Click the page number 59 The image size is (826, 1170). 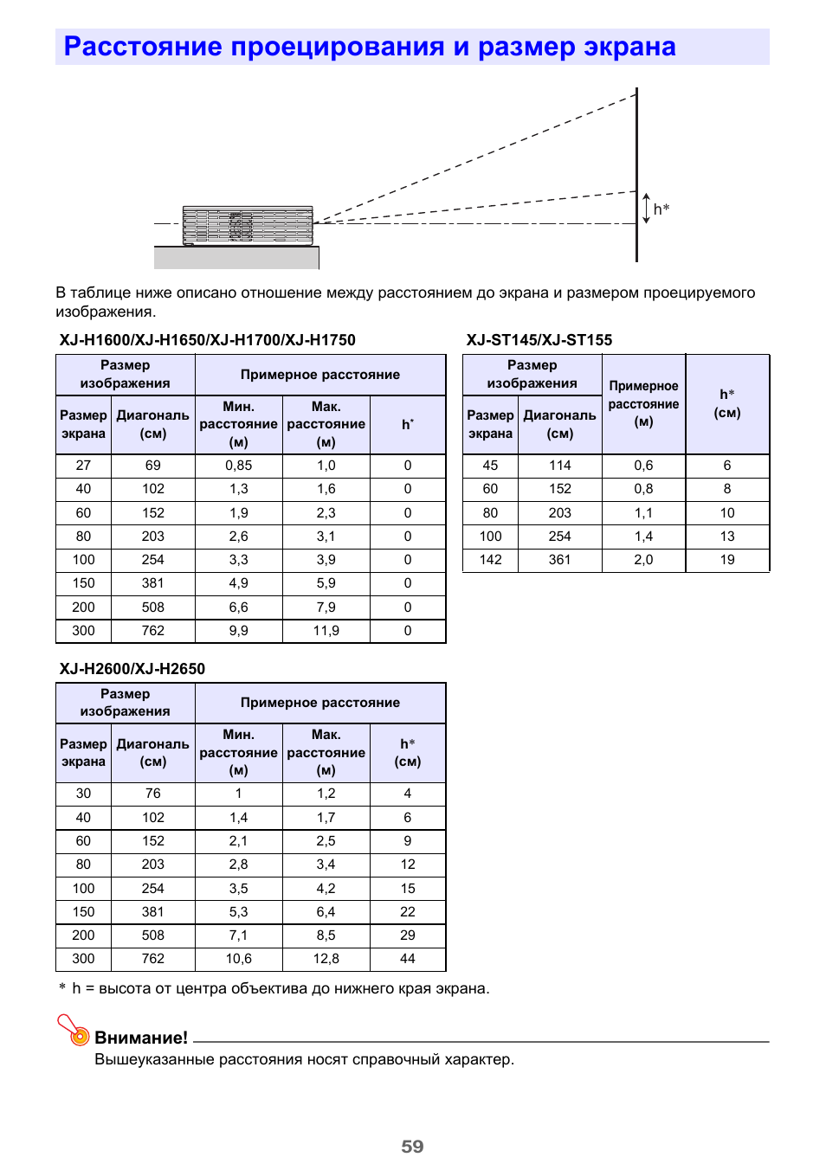click(412, 1147)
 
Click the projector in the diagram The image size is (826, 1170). click(248, 226)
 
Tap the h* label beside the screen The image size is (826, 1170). click(661, 209)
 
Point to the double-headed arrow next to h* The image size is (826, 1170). click(646, 209)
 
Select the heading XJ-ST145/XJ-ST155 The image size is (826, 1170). click(539, 340)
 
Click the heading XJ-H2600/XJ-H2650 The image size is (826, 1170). click(132, 669)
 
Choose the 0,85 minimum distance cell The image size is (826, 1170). click(239, 466)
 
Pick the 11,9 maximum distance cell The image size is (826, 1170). click(326, 631)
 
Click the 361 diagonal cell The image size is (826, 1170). click(560, 560)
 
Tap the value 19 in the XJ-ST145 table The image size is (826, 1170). click(727, 560)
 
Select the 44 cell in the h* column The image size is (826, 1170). click(408, 959)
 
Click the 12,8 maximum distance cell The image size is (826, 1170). click(326, 959)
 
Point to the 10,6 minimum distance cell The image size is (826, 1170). click(239, 959)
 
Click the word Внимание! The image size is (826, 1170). click(141, 1038)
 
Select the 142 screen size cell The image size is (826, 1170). click(491, 560)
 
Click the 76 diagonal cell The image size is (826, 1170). click(153, 794)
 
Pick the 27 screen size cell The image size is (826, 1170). click(83, 466)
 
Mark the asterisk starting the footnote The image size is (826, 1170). click(62, 987)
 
